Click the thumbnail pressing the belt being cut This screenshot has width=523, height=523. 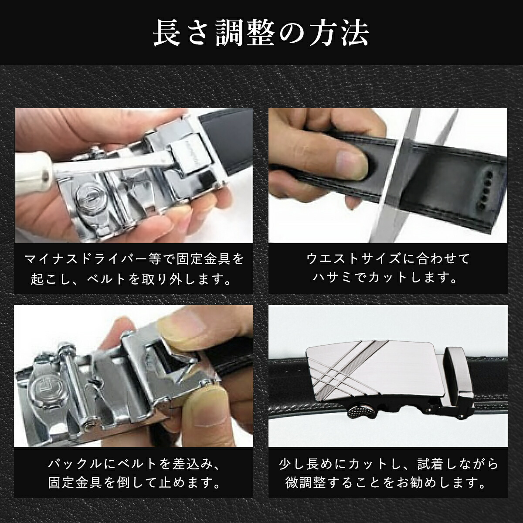pos(351,165)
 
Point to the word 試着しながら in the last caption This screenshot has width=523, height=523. pos(458,464)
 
